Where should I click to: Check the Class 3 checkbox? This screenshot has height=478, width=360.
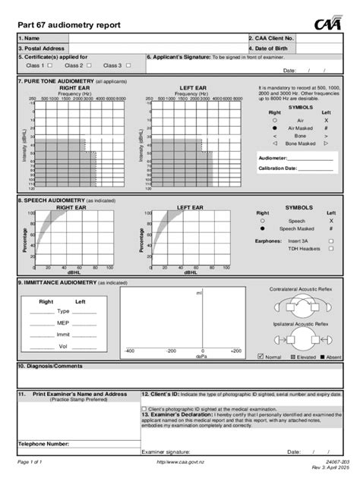[128, 65]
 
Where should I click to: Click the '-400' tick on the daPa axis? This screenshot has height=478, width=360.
[129, 351]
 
